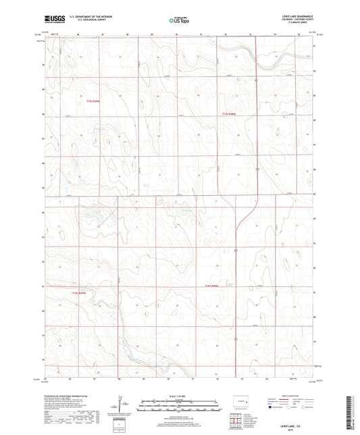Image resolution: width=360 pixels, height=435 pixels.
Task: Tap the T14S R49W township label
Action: click(80, 292)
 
